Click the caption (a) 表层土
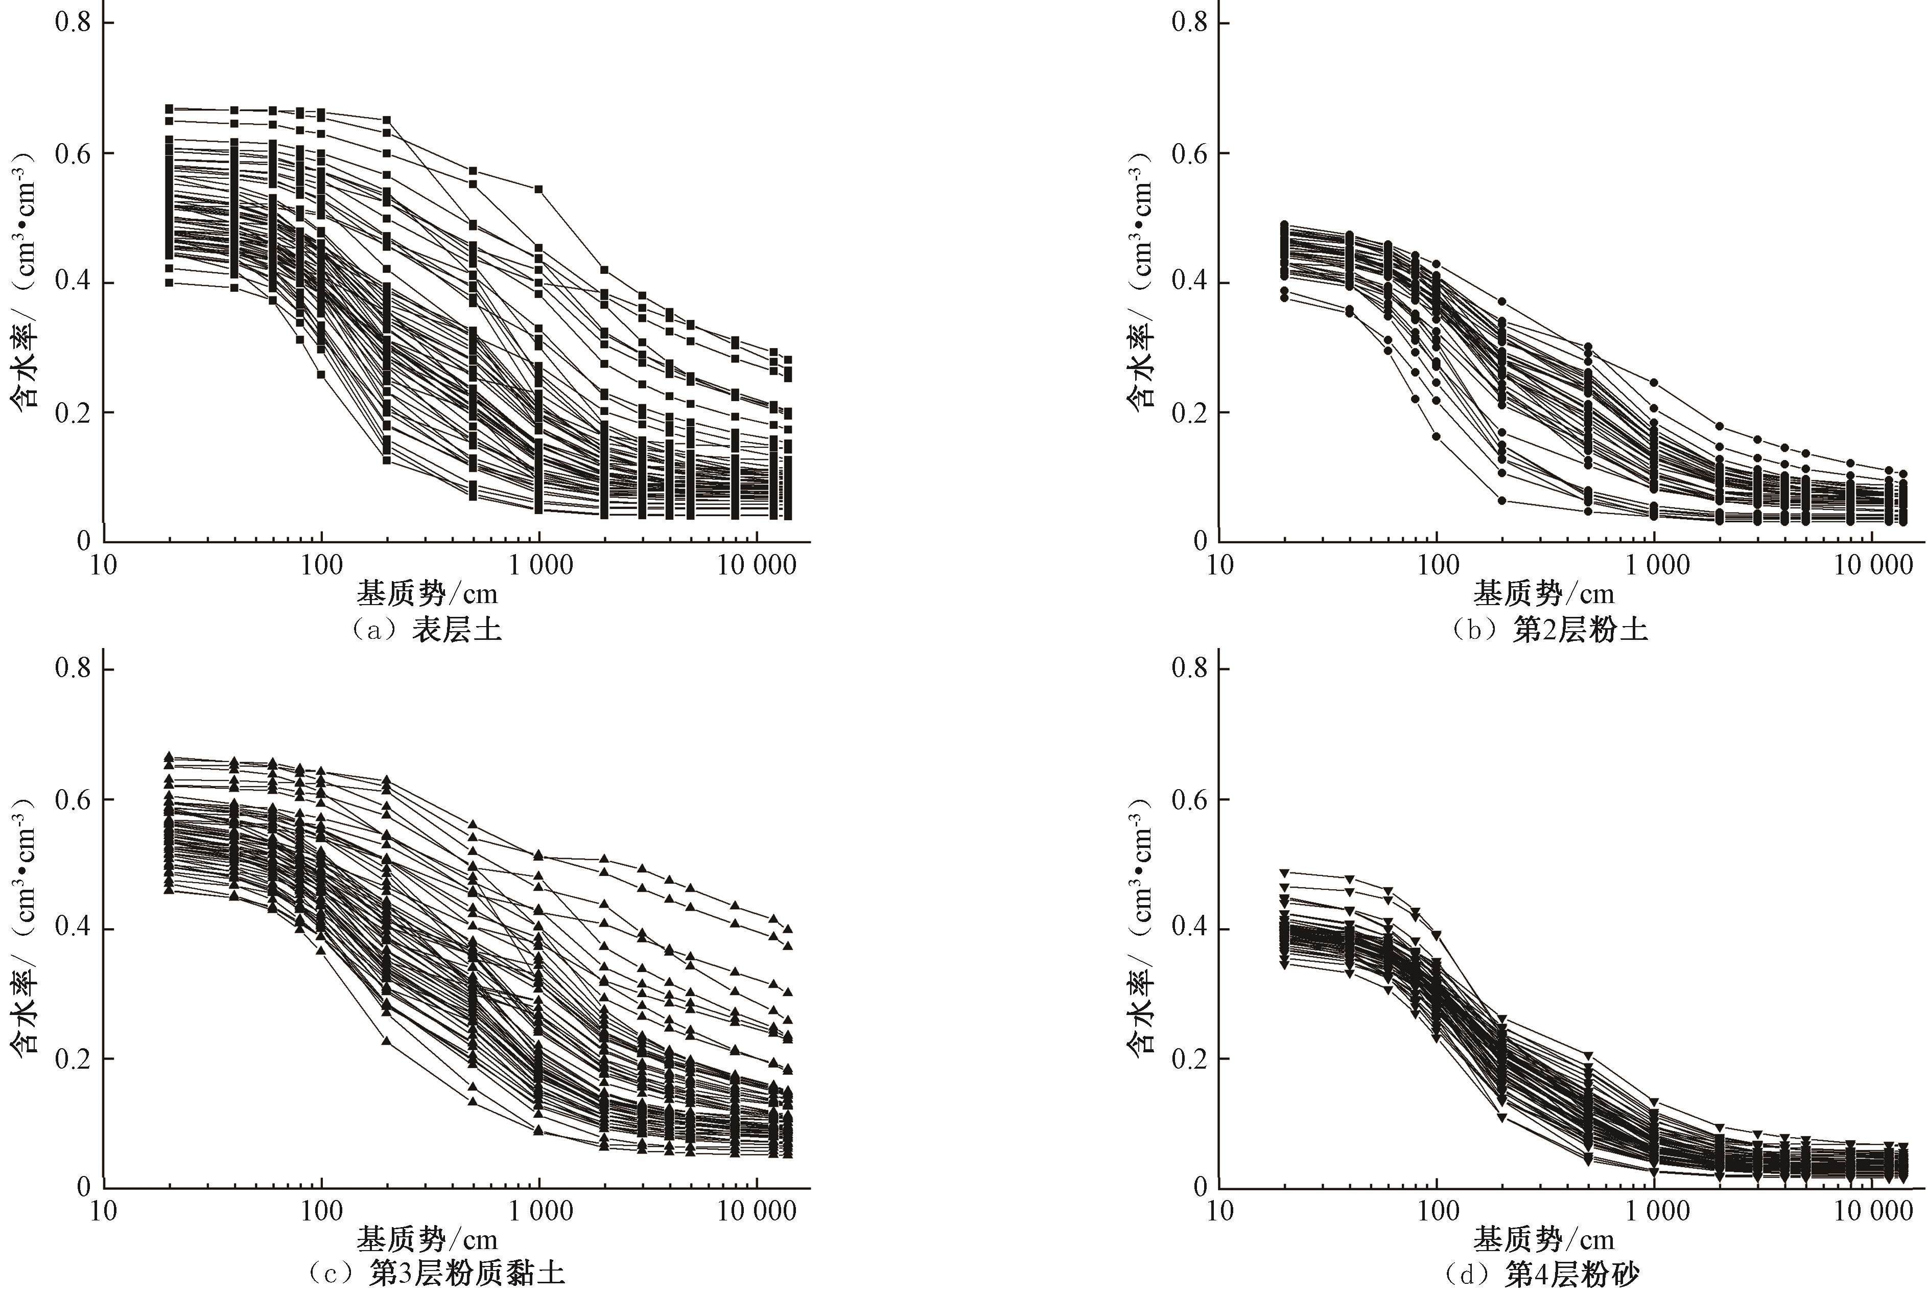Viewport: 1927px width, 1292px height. (x=426, y=630)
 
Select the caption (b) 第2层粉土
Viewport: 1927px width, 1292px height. (x=1547, y=630)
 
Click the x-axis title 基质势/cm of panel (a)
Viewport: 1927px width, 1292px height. (x=427, y=593)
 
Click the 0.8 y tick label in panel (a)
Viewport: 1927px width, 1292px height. (x=73, y=22)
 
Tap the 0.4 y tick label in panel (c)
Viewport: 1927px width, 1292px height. (x=73, y=929)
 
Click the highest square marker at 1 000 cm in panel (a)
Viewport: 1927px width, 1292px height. (x=538, y=189)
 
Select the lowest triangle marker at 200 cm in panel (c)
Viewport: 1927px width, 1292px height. (x=386, y=1041)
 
